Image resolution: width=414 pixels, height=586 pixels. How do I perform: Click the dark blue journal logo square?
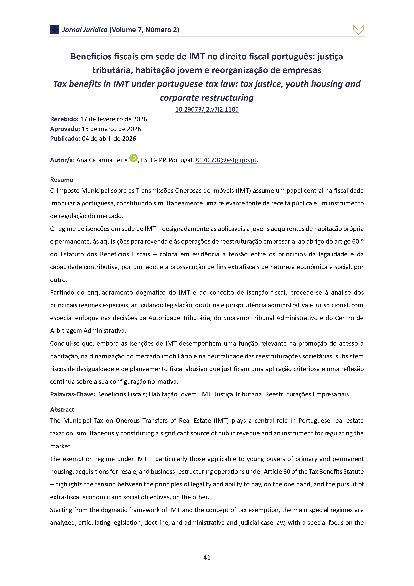[55, 30]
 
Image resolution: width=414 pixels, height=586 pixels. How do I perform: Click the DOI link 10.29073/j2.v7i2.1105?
[207, 110]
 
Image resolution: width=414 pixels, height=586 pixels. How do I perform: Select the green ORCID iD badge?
[133, 158]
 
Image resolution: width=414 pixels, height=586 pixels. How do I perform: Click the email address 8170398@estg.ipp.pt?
[226, 160]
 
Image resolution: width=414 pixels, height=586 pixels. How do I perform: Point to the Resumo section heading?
[61, 180]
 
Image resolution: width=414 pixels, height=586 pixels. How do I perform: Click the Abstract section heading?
[62, 410]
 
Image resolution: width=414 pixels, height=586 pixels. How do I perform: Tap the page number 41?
[207, 558]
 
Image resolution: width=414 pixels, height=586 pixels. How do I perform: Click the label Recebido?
[64, 119]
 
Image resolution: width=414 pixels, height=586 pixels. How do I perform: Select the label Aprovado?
[65, 129]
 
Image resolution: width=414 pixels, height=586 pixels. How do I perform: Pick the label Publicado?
[65, 139]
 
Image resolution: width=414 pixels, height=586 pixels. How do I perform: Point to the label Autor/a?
[62, 160]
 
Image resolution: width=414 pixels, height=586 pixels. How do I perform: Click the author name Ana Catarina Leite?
[102, 160]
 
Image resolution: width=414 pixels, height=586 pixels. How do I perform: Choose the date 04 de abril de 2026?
[109, 139]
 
